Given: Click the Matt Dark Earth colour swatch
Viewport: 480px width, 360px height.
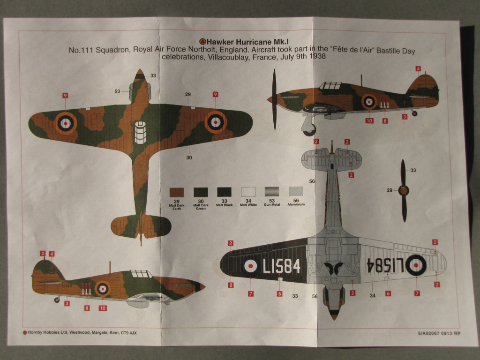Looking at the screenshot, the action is (177, 192).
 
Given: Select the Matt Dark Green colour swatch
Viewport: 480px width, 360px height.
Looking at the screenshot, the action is (201, 192).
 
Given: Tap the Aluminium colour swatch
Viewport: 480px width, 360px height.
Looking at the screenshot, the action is (296, 192).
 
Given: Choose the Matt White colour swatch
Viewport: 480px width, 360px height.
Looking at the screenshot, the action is (248, 192).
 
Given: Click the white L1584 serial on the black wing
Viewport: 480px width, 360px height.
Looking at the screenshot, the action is (281, 266).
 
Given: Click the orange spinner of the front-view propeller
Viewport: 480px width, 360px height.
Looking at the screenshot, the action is (403, 190).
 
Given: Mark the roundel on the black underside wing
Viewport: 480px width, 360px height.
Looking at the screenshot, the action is (251, 266).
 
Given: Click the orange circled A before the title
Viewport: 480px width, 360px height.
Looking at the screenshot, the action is (203, 41).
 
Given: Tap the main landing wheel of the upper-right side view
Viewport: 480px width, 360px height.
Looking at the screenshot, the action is (310, 130).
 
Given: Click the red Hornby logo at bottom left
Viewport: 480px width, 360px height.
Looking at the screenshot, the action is (25, 332).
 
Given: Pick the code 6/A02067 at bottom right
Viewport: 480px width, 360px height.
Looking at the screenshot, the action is (427, 333).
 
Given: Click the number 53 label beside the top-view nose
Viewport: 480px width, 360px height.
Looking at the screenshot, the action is (117, 91).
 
